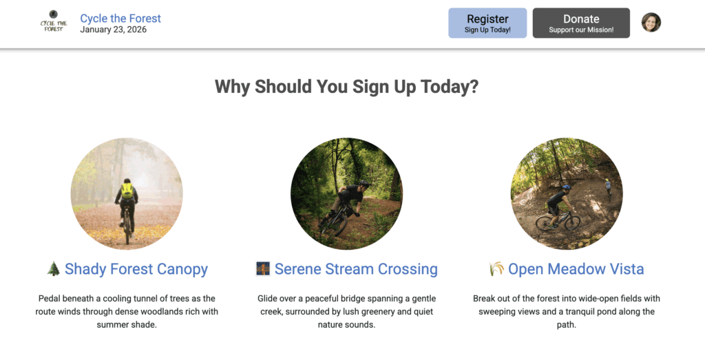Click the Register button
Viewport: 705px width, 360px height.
click(x=487, y=23)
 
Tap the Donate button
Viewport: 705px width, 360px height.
click(x=581, y=23)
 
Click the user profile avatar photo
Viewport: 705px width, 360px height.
click(x=651, y=23)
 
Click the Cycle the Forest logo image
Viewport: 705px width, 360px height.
click(x=54, y=21)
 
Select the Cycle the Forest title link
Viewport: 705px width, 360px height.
click(x=120, y=18)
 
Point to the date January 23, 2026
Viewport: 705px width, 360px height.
click(x=114, y=30)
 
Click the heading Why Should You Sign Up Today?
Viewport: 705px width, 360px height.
click(x=347, y=86)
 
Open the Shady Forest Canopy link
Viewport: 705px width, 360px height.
click(x=136, y=268)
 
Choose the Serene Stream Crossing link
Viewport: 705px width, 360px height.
click(x=356, y=268)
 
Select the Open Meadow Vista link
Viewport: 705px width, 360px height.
click(x=576, y=268)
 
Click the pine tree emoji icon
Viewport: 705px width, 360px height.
click(x=54, y=268)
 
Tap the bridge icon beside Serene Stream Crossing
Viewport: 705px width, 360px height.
click(x=263, y=268)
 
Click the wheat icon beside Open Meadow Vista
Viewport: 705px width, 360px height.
click(x=496, y=268)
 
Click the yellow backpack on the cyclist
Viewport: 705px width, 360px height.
click(x=127, y=191)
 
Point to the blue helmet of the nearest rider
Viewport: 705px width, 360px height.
click(x=566, y=187)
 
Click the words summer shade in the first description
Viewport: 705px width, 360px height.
click(x=127, y=325)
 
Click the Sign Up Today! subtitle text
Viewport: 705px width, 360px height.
click(x=487, y=30)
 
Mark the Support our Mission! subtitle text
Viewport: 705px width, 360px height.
click(x=581, y=30)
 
